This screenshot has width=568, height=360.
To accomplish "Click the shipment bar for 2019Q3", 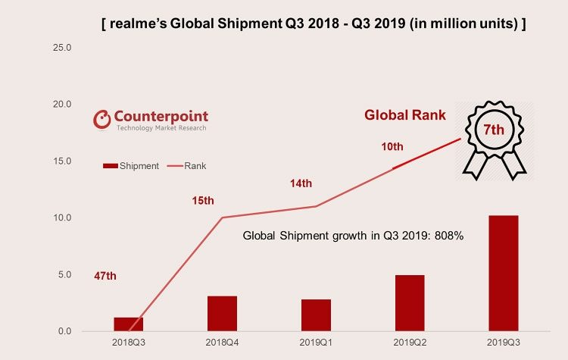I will coord(503,274).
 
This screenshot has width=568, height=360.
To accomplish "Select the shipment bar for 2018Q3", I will coord(129,324).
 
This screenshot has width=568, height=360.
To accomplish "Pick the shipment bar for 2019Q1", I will coord(316,315).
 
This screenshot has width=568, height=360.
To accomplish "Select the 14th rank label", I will coord(301,183).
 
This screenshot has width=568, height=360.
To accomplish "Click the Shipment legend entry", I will coord(132,165).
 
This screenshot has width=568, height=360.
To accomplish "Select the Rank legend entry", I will coord(192,165).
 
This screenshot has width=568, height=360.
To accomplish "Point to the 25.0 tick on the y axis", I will coord(61,48).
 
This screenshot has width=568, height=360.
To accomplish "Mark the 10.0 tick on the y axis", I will coord(61,218).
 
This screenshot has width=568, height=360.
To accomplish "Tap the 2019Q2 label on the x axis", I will coord(409,343).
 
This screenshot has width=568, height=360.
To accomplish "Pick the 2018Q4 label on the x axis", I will coord(222,343).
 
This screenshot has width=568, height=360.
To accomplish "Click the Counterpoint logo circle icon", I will coord(101,119).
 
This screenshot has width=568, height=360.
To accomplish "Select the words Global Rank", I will coord(405,116).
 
